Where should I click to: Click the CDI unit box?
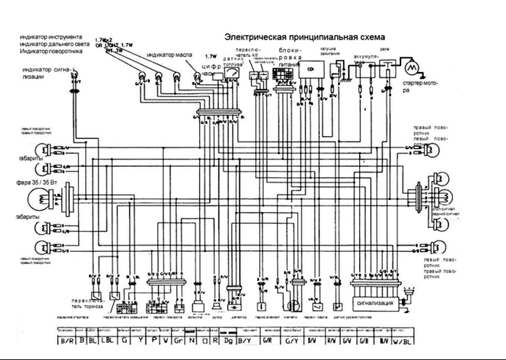coord(310,69)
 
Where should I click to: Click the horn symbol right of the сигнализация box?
coord(409,295)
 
